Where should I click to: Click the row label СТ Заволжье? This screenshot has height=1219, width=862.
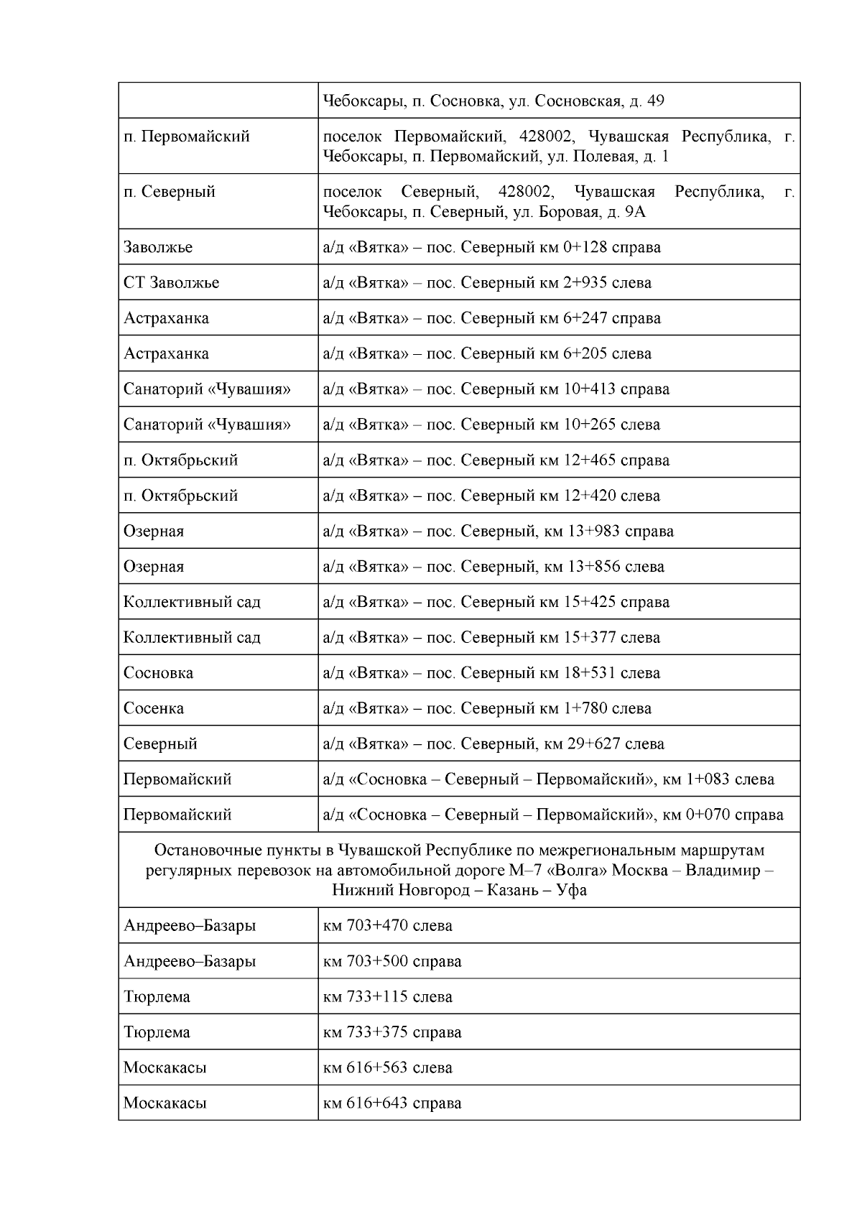point(171,282)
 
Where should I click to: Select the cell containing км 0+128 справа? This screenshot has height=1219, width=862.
point(492,247)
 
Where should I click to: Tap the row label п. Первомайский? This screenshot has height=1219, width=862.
point(186,136)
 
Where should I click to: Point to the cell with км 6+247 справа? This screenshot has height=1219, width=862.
point(492,318)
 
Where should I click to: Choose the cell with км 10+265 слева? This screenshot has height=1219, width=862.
point(492,425)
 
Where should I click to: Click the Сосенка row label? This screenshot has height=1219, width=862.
point(153,708)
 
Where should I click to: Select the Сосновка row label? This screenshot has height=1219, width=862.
point(158,673)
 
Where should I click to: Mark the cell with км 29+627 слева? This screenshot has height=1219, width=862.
point(494,743)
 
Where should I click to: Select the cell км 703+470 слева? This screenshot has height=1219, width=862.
point(388,926)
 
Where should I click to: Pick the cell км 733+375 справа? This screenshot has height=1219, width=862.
point(392,1032)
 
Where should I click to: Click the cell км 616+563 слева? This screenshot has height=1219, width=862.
point(388,1067)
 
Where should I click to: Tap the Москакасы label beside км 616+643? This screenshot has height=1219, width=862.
point(164,1103)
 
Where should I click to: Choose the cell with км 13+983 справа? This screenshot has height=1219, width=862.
point(499,532)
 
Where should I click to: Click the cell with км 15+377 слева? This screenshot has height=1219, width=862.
point(492,638)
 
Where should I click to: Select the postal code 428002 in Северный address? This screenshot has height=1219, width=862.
point(525,192)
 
